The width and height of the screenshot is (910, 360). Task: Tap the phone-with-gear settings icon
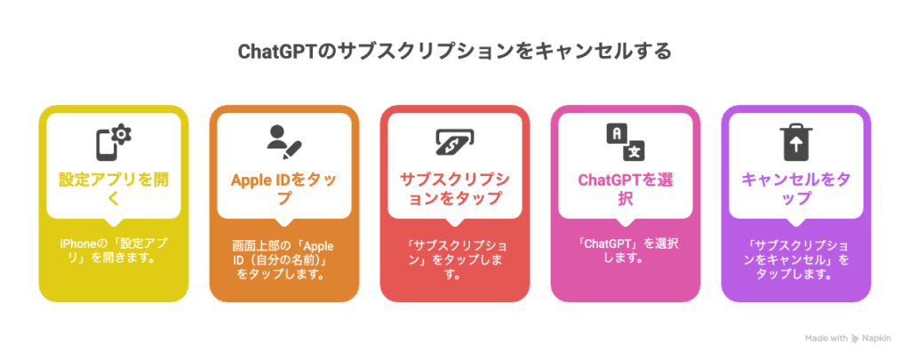[114, 142]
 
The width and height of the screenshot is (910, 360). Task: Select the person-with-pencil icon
[284, 142]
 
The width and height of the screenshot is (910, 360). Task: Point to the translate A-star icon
[626, 142]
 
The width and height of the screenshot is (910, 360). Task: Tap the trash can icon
[795, 142]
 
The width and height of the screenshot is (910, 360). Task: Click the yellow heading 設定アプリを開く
[114, 188]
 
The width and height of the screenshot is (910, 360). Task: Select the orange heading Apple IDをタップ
[283, 188]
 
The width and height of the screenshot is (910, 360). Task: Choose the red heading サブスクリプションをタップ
[454, 188]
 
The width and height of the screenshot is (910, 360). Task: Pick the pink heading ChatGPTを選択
[626, 188]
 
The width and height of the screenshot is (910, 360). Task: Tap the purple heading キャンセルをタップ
[795, 188]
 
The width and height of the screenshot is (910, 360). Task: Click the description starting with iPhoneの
[110, 251]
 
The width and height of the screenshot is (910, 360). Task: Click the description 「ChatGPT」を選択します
[623, 251]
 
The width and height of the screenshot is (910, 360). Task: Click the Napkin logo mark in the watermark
[856, 338]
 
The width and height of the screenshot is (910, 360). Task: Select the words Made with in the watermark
[826, 338]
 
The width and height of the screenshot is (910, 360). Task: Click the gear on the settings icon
[122, 134]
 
